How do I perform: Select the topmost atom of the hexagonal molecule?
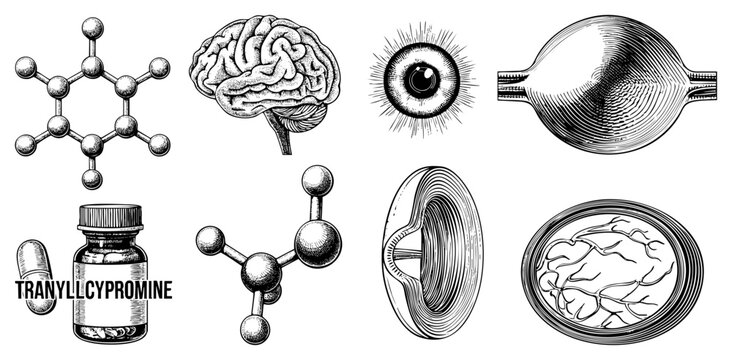pyautogui.click(x=92, y=26)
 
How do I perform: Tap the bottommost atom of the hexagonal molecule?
pyautogui.click(x=92, y=180)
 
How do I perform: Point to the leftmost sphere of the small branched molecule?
pyautogui.click(x=209, y=239)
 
